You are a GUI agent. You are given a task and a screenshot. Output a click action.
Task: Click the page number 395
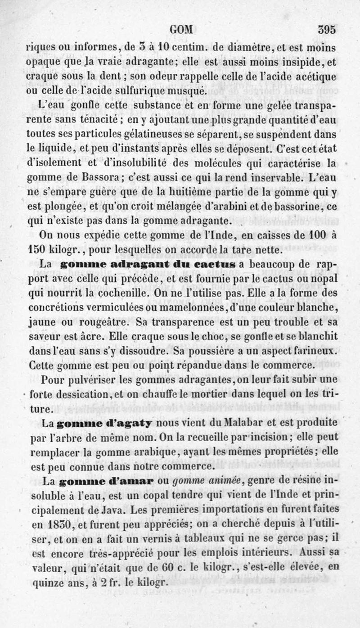click(327, 29)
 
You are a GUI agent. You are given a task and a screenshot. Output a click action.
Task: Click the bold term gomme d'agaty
click(104, 423)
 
